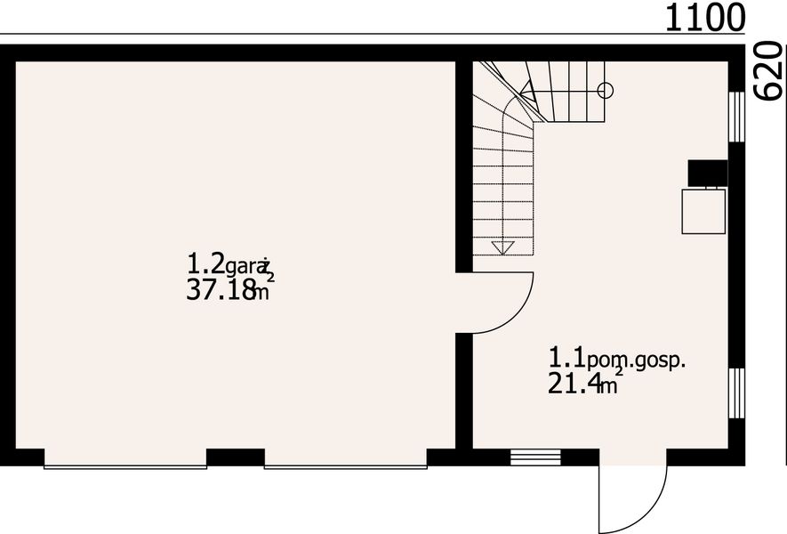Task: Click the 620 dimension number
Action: [x=770, y=72]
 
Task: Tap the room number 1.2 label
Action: [x=205, y=263]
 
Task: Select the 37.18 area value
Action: [x=221, y=289]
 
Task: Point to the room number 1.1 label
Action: [x=566, y=359]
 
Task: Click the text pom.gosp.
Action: [x=638, y=361]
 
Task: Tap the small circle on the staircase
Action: [x=606, y=89]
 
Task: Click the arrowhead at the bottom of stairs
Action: [x=502, y=247]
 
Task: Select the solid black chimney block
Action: [x=708, y=174]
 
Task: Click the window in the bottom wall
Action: [x=535, y=457]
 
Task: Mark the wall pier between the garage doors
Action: [x=236, y=458]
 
